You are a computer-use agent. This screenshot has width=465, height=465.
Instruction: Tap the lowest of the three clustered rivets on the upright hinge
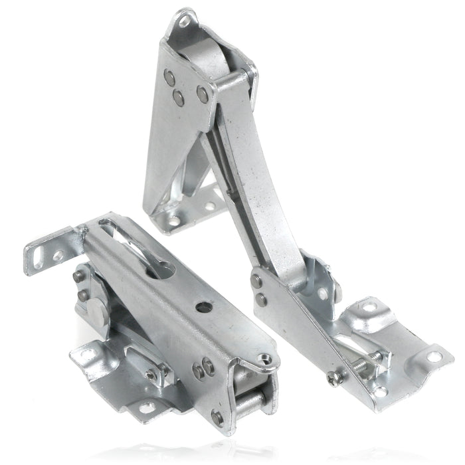pyautogui.click(x=179, y=98)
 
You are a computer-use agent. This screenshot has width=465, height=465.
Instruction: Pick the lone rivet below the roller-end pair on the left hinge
pyautogui.click(x=215, y=418)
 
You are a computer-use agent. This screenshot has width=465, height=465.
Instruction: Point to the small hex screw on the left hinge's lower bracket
pyautogui.click(x=151, y=376)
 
